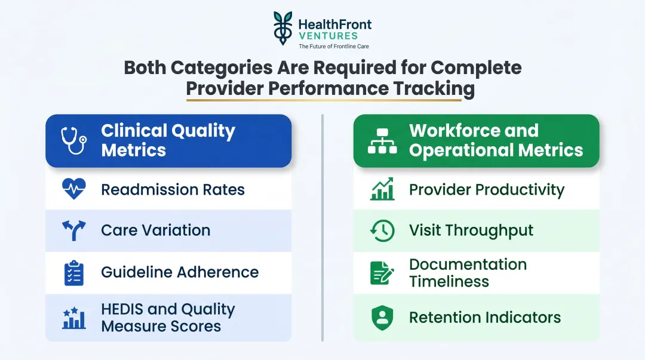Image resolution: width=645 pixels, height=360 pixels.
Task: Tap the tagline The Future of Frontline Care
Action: (334, 46)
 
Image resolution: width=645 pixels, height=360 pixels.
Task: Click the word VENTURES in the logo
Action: (328, 36)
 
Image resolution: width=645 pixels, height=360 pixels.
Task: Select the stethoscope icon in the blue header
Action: (74, 140)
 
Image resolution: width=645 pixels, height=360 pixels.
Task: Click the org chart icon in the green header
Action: (382, 140)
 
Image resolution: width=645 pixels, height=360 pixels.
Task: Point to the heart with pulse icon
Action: (74, 189)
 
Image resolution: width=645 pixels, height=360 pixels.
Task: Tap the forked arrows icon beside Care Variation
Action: (74, 230)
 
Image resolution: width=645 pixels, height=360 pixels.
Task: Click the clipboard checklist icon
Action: (74, 273)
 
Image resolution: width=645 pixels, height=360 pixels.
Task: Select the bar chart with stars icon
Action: (74, 318)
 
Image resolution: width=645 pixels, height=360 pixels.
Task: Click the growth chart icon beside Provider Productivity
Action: (382, 189)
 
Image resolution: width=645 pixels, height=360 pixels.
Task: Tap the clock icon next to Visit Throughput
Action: (382, 230)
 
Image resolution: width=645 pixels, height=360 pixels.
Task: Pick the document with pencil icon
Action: (382, 273)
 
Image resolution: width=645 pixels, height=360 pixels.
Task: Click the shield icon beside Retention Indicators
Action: (382, 318)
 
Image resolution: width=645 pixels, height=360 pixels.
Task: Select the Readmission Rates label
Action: (173, 190)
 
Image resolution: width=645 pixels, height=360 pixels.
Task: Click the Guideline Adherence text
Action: (180, 272)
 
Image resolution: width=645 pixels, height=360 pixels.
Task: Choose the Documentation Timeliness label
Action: (468, 273)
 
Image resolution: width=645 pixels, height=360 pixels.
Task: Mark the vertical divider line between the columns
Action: (322, 227)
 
